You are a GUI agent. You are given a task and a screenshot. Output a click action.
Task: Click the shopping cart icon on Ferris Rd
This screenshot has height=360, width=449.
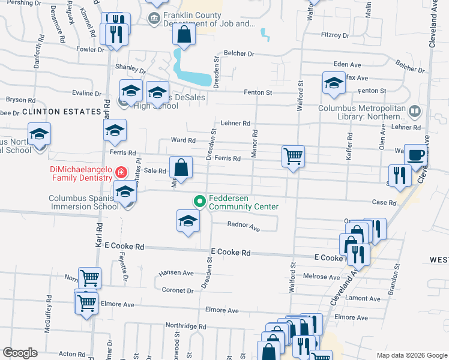click(293, 157)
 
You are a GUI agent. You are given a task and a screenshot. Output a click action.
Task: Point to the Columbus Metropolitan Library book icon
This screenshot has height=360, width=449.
click(414, 111)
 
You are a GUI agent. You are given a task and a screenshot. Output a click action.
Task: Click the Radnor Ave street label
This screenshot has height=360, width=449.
click(243, 227)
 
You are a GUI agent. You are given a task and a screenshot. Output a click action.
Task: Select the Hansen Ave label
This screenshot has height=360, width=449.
click(176, 272)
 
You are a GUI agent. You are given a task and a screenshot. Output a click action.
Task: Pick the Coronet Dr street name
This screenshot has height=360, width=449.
click(178, 290)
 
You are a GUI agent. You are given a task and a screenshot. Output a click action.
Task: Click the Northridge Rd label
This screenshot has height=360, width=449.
click(185, 326)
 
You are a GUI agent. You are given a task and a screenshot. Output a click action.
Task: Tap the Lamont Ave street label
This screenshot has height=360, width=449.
click(363, 298)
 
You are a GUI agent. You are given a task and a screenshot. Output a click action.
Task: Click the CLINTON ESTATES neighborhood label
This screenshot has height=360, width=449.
click(61, 112)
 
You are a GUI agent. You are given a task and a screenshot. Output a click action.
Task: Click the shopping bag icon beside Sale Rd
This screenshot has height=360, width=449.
click(181, 168)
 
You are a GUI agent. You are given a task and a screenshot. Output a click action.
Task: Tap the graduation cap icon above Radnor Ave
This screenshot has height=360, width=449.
click(188, 220)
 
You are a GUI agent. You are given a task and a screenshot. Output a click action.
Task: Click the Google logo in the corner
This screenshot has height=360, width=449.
click(20, 353)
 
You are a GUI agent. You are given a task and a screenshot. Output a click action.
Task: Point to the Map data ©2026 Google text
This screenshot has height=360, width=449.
click(411, 355)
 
